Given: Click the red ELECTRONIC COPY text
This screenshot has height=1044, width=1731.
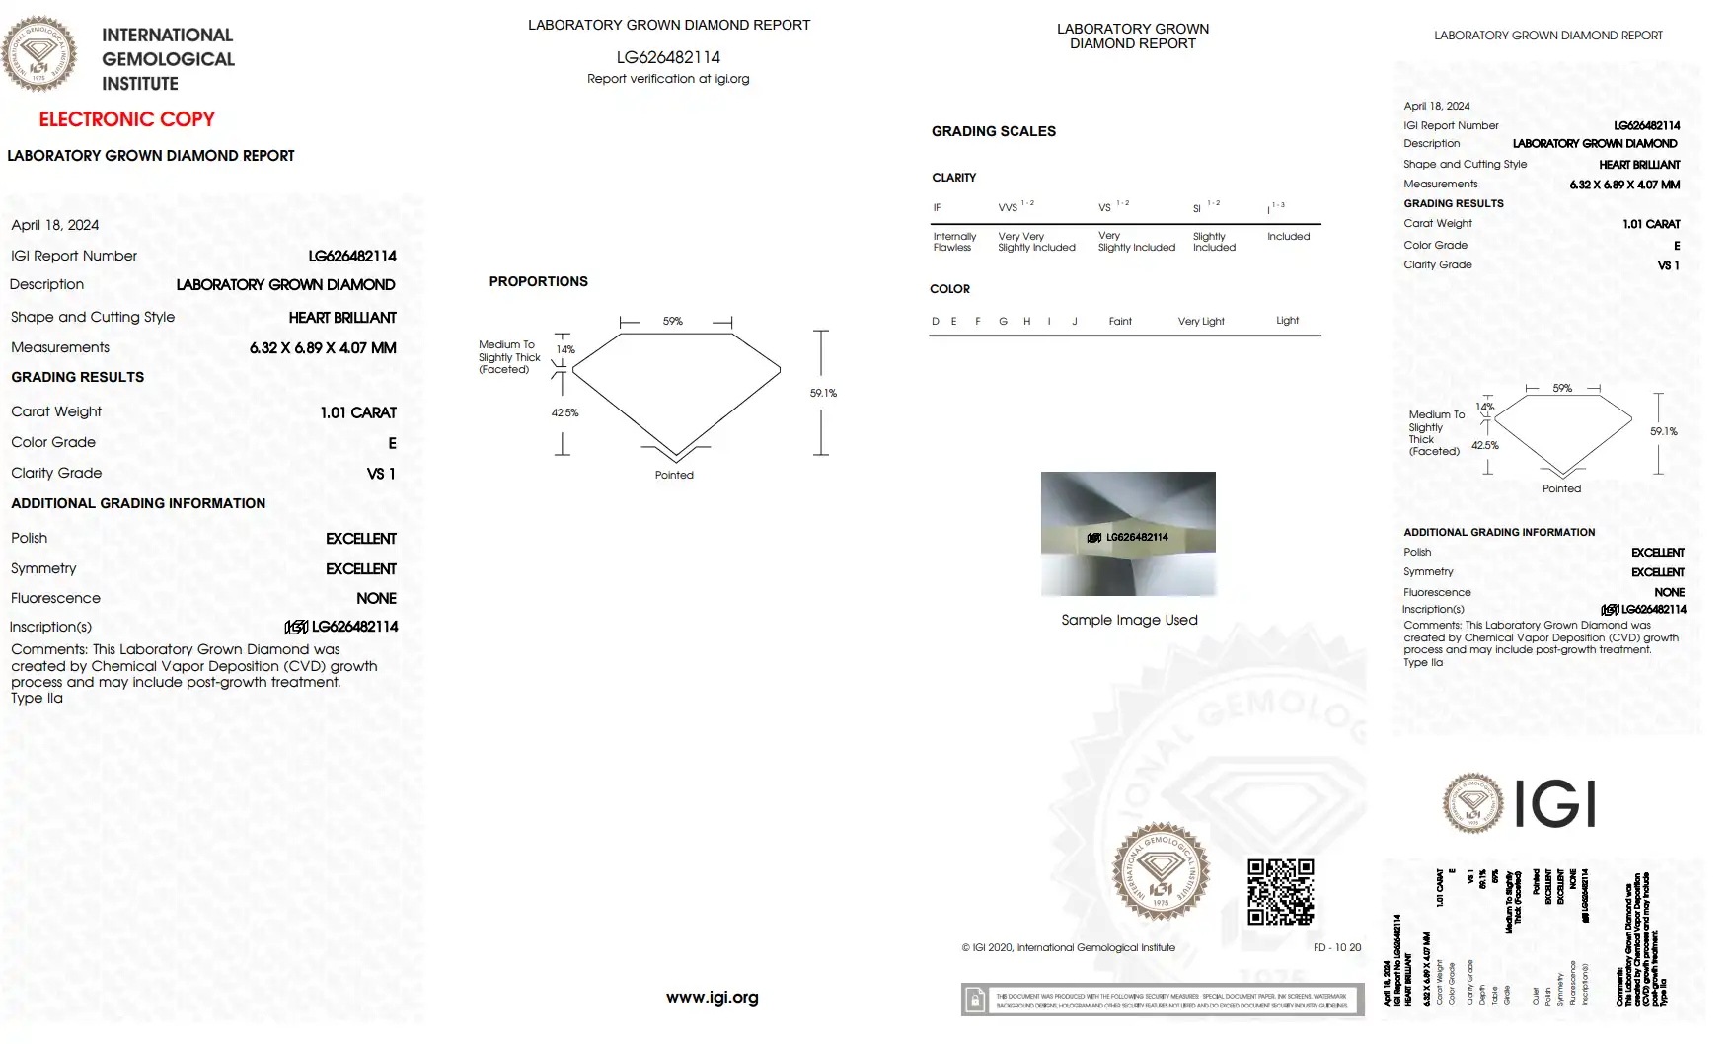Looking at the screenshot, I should click(x=126, y=119).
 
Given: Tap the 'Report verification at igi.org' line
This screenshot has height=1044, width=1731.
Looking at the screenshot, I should click(x=668, y=79).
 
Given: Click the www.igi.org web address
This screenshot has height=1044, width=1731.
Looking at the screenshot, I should click(x=712, y=997).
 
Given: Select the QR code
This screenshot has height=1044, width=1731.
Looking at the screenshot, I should click(x=1280, y=891).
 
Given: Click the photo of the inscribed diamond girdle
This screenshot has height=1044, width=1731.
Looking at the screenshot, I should click(x=1128, y=534).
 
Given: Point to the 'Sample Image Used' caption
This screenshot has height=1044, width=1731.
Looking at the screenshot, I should click(x=1129, y=620).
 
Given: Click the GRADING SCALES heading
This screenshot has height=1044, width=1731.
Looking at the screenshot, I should click(x=993, y=131).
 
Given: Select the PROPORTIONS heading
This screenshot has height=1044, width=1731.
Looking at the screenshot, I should click(x=538, y=281).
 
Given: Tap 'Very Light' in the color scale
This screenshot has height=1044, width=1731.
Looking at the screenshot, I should click(x=1200, y=322).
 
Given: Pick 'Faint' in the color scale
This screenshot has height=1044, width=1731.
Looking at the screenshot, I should click(x=1120, y=322).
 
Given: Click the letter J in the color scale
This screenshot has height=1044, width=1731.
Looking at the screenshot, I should click(x=1075, y=322).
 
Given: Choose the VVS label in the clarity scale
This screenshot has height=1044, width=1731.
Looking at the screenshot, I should click(x=1008, y=208).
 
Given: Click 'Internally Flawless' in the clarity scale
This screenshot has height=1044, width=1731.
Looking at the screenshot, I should click(x=954, y=242).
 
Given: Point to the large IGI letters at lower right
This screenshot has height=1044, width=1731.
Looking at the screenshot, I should click(x=1554, y=803).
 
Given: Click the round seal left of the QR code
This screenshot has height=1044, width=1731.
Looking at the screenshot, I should click(x=1160, y=871).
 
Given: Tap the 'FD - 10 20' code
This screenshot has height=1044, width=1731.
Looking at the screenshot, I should click(x=1336, y=947).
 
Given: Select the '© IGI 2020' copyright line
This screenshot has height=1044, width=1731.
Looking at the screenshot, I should click(x=1068, y=947).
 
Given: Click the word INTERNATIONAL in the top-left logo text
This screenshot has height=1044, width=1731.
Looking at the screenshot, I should click(x=167, y=36).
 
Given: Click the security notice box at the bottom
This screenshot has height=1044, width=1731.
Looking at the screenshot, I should click(x=1162, y=1000).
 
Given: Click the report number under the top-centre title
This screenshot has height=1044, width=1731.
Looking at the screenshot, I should click(x=668, y=57).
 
